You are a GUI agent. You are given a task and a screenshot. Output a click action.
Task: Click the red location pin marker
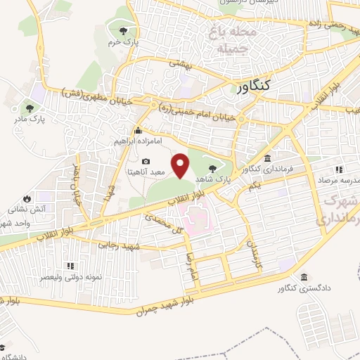point(181,167)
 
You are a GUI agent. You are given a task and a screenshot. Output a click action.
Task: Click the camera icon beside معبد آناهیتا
point(146,162)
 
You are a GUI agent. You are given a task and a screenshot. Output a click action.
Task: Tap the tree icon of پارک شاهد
point(213,168)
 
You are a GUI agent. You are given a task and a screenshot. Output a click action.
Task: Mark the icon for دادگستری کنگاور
point(303,277)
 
